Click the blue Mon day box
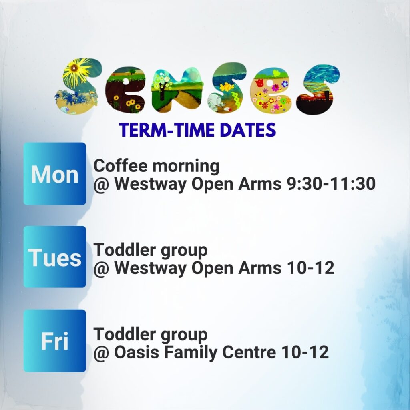point(54,174)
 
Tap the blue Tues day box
point(54,257)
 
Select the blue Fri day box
point(54,341)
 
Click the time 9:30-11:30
point(331,183)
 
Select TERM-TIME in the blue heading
point(168,130)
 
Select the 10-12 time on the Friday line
point(305,352)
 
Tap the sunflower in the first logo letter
point(75,69)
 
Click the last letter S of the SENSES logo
point(318,90)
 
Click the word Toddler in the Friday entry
point(124,334)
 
